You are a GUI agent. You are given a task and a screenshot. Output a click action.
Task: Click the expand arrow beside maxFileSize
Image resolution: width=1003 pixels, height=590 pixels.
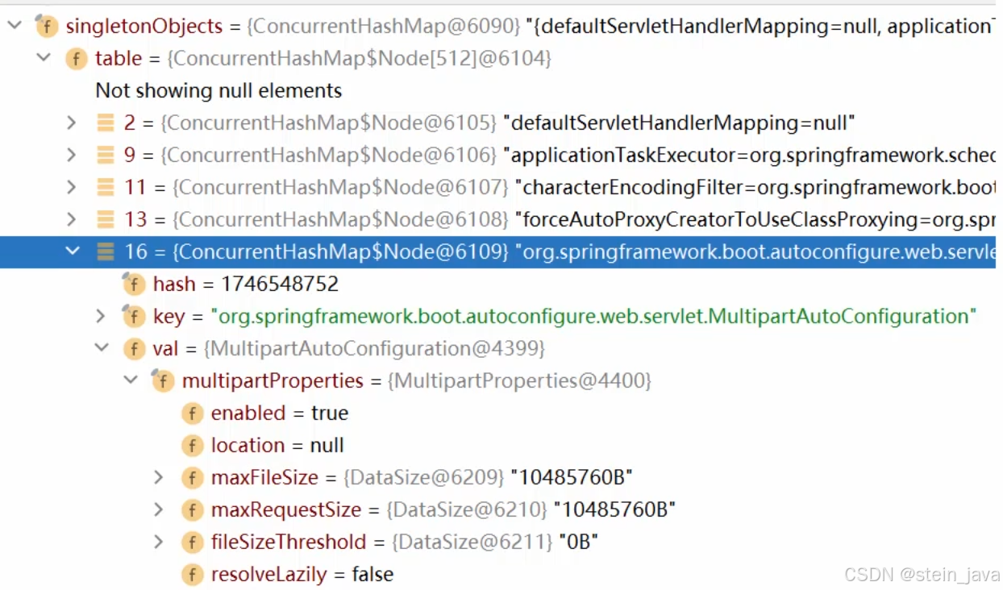[159, 478]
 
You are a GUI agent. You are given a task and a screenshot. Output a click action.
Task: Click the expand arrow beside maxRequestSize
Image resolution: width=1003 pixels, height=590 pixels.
[159, 510]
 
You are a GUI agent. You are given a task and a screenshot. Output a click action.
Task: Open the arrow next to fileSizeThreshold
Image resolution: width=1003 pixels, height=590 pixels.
[159, 542]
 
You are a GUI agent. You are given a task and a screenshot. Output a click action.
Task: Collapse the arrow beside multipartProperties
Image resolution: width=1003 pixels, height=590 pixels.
[131, 380]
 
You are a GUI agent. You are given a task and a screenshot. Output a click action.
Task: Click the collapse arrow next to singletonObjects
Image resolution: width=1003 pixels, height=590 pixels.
[15, 26]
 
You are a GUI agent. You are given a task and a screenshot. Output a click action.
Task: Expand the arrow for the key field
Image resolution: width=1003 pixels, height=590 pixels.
[101, 316]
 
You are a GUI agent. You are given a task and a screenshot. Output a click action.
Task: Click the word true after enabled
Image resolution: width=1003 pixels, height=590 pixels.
[329, 413]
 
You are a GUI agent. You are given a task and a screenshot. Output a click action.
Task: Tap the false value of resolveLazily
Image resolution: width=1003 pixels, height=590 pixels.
[372, 575]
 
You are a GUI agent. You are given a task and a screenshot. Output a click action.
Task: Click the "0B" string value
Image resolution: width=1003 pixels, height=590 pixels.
[579, 542]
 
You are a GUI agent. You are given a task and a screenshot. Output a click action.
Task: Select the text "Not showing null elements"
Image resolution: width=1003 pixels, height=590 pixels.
[218, 91]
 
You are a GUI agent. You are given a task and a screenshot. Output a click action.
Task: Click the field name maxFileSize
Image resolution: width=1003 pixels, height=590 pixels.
[264, 478]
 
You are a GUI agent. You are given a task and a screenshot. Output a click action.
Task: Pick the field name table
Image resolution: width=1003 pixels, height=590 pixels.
[118, 59]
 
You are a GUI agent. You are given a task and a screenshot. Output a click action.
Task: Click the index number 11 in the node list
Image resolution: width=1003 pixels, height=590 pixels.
[135, 188]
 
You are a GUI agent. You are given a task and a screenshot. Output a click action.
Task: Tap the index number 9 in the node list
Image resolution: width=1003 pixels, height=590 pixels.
[130, 156]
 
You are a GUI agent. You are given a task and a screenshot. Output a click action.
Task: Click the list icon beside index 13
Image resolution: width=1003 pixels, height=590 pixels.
[106, 220]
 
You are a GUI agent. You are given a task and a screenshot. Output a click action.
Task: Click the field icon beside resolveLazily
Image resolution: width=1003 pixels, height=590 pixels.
[192, 575]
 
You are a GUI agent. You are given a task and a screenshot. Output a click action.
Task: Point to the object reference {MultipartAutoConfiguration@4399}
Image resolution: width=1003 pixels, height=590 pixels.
[375, 349]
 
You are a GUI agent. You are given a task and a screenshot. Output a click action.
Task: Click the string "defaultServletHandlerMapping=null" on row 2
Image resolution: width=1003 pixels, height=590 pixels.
[678, 123]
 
